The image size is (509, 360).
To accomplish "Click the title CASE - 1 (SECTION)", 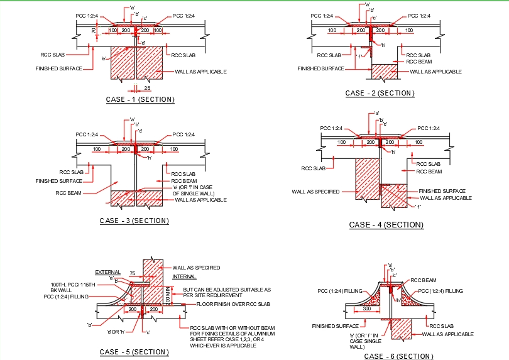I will [140, 99].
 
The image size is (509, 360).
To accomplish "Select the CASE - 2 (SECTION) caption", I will [380, 93].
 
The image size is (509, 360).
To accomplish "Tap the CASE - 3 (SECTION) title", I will [134, 221].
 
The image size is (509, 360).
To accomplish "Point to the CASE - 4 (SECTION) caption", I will [386, 224].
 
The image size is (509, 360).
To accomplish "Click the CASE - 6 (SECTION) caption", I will [398, 356].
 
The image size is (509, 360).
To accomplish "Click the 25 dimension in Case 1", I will [146, 88].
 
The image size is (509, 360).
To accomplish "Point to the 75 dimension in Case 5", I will [132, 273].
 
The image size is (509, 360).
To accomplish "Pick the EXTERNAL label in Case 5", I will [107, 272].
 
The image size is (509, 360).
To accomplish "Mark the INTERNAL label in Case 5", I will [184, 276].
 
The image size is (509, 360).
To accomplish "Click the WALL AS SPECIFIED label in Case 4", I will [315, 192].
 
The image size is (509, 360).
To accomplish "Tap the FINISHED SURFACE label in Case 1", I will [58, 68].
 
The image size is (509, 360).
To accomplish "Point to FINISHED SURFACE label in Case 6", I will [336, 326].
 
